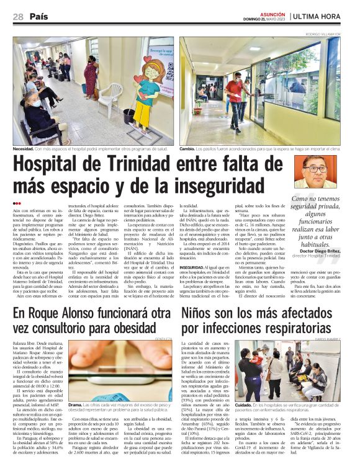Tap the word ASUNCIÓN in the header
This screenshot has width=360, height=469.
[x=273, y=12]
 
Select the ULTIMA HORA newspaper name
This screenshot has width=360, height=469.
[x=328, y=16]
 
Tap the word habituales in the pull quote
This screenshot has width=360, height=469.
[x=317, y=244]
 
